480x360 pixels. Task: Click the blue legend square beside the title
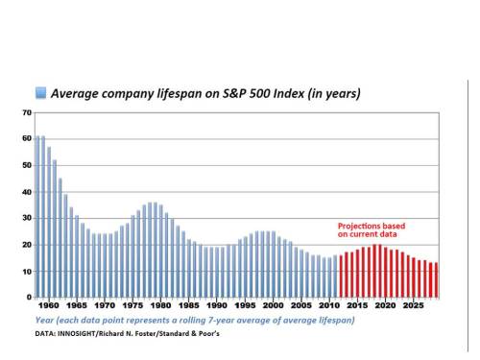tap(40, 93)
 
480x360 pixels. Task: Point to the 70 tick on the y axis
tap(26, 112)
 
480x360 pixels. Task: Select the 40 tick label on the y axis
tap(26, 192)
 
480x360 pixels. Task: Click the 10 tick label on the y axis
tap(26, 272)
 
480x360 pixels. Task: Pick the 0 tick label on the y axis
tap(28, 298)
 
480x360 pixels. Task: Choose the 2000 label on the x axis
tap(275, 306)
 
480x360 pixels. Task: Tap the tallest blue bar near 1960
tap(41, 217)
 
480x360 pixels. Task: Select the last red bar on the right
tap(435, 279)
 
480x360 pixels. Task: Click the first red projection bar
tap(340, 276)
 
